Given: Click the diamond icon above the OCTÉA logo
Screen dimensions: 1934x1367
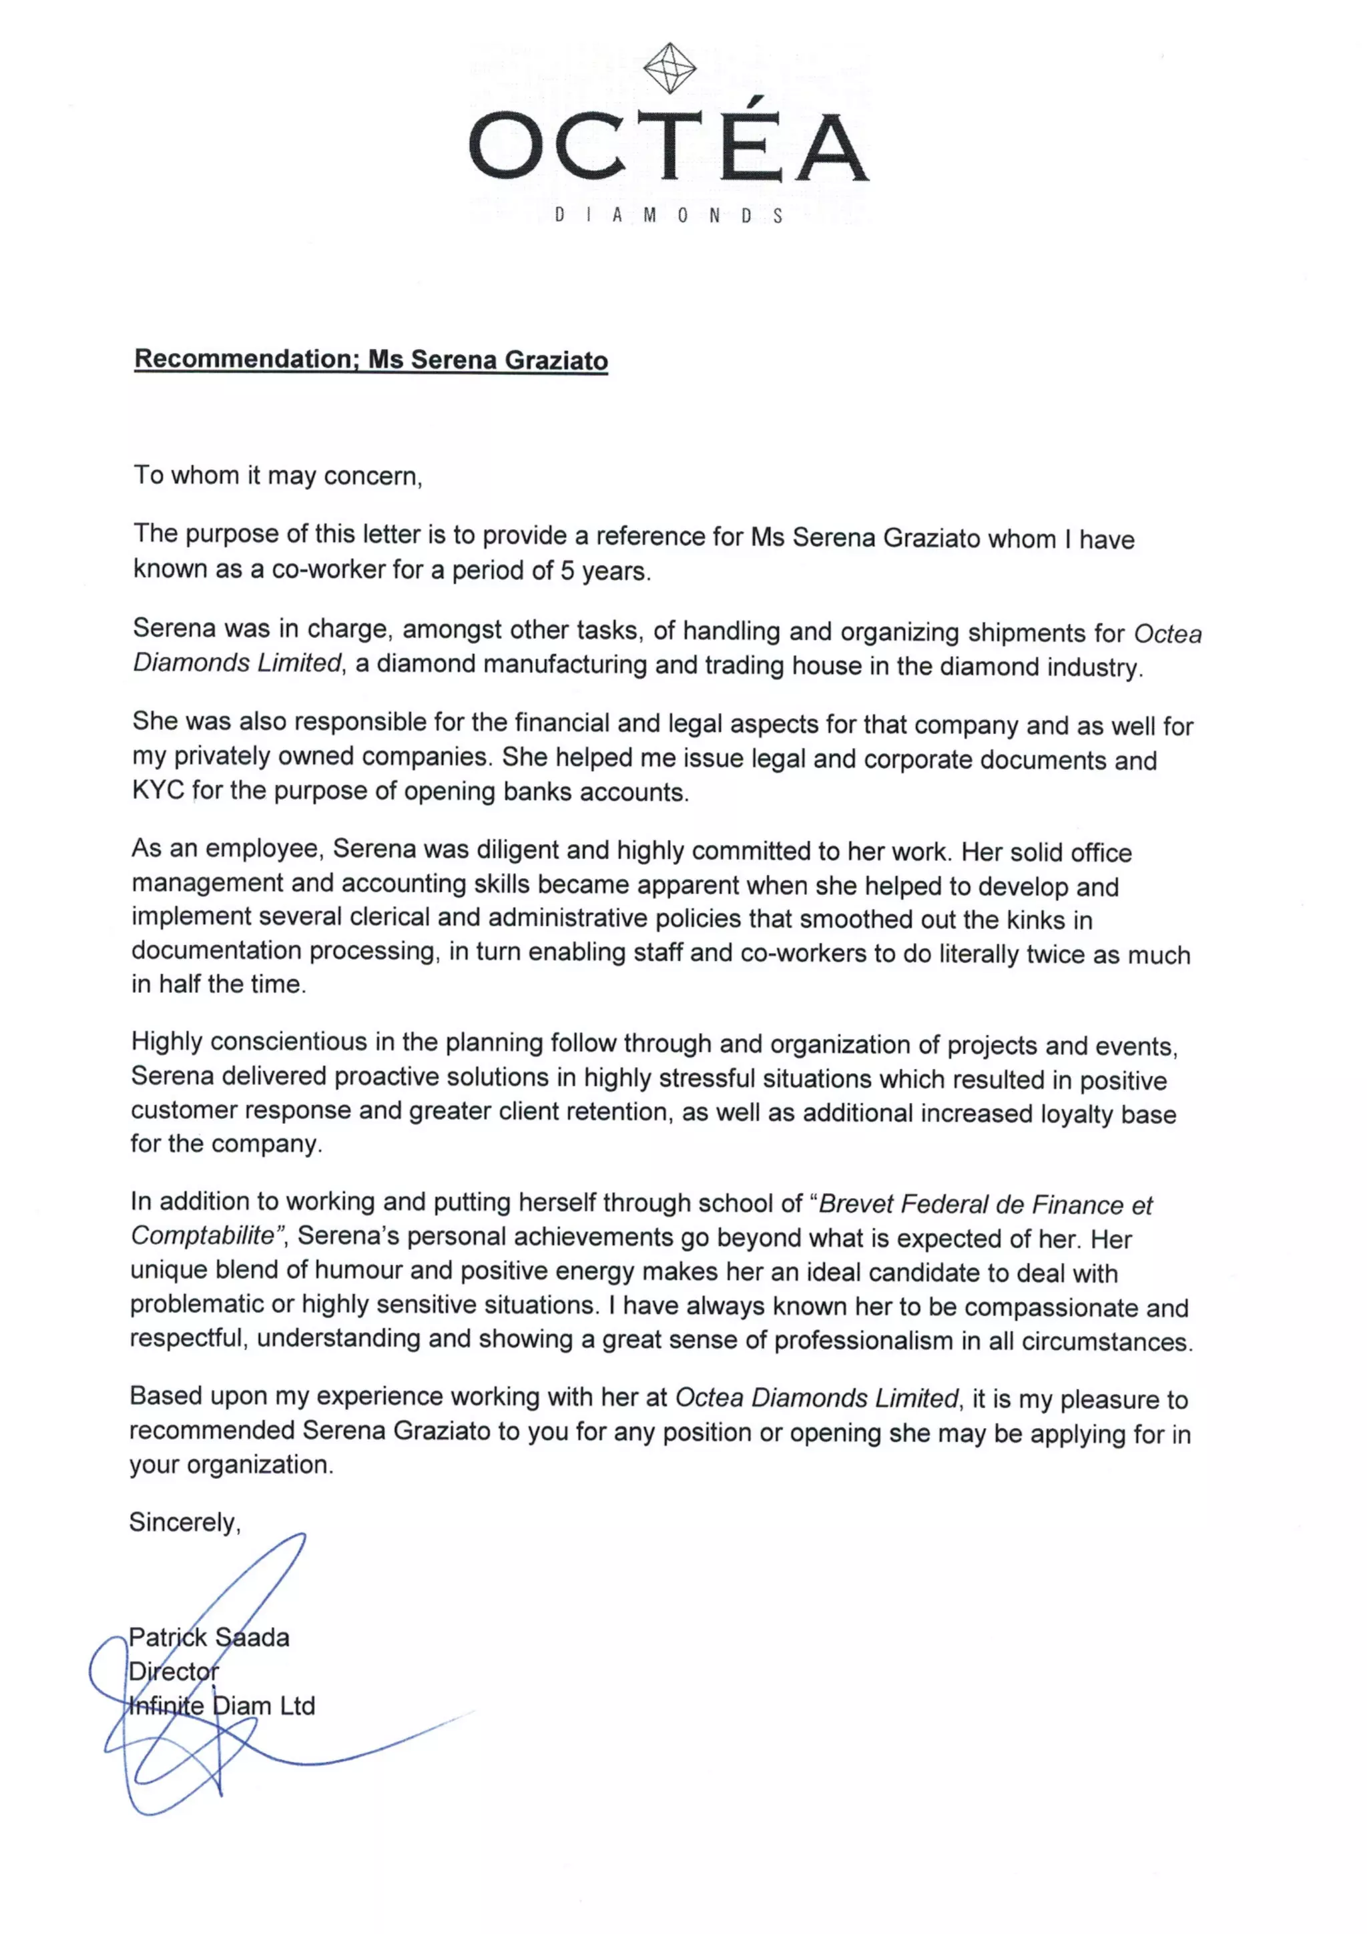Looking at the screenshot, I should tap(669, 68).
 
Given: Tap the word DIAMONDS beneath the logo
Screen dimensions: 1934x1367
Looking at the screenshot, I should tap(669, 216).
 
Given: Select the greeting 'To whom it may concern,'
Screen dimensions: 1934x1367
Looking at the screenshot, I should tap(277, 476).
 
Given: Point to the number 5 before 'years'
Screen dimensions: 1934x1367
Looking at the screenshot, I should tap(567, 571).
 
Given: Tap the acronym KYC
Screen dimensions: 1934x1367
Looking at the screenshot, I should tap(158, 791).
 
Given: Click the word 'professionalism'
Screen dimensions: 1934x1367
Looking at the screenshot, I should tap(863, 1341).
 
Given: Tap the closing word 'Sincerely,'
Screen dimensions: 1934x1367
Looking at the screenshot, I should tap(184, 1522).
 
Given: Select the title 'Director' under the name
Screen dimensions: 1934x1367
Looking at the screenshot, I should tap(174, 1671).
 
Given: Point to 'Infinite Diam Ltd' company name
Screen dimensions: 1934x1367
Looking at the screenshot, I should tap(222, 1706).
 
